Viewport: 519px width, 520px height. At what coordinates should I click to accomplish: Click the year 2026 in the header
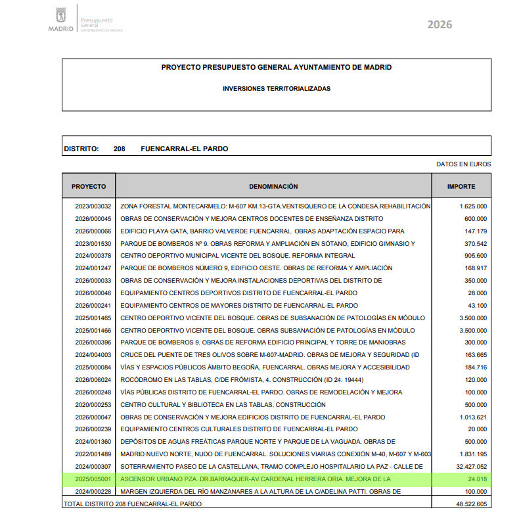(440, 25)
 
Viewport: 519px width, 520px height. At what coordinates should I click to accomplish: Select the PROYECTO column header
(89, 187)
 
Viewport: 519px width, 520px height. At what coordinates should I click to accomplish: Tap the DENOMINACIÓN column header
(273, 187)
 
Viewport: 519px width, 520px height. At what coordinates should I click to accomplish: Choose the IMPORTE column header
(461, 187)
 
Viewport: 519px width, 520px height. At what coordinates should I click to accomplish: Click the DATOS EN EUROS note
(463, 164)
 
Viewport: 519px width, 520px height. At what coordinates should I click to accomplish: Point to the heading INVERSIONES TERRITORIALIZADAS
(277, 88)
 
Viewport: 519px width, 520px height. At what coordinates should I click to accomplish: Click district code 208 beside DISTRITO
(119, 149)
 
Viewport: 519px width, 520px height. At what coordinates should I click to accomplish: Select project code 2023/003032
(93, 206)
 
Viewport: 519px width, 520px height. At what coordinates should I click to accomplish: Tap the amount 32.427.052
(468, 467)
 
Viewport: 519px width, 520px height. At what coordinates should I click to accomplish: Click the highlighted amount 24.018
(476, 479)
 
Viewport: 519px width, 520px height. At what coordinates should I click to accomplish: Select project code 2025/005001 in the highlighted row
(93, 479)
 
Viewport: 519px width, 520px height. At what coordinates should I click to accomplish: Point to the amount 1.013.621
(472, 417)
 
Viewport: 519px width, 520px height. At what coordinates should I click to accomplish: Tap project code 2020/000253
(93, 405)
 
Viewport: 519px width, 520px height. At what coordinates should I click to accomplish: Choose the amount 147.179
(475, 231)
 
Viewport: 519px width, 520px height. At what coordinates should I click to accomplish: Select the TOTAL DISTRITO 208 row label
(132, 504)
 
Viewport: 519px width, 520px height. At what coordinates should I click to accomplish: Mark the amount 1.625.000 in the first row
(472, 206)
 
